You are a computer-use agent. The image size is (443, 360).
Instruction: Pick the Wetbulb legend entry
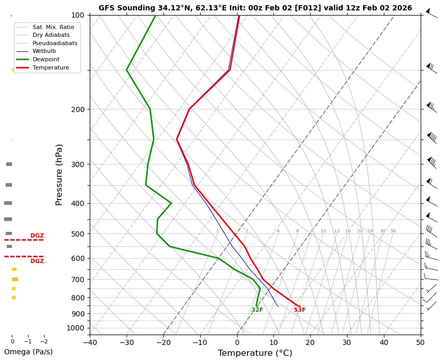tap(44, 51)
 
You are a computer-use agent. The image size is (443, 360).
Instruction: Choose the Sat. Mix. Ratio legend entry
tap(53, 26)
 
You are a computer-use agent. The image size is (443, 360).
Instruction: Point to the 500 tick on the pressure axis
tap(77, 234)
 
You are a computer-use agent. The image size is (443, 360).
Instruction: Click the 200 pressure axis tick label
tap(77, 109)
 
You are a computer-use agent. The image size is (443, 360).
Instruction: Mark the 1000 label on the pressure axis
tap(75, 328)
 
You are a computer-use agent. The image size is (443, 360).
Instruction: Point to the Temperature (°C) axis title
tap(255, 353)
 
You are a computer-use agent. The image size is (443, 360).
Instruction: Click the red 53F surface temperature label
tap(300, 310)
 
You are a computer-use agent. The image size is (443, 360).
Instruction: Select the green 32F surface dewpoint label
tap(257, 310)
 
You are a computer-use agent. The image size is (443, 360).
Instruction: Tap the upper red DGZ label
tap(37, 236)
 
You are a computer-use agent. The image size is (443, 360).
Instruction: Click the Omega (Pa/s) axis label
tap(28, 352)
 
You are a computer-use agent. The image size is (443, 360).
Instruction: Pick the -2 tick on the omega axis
tap(44, 342)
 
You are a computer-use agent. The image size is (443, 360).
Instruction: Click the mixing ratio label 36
tap(393, 231)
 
